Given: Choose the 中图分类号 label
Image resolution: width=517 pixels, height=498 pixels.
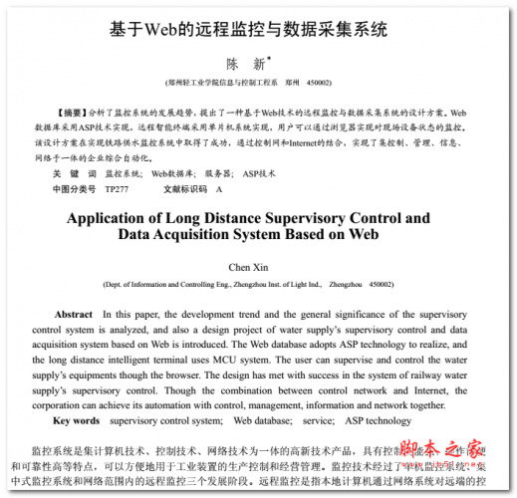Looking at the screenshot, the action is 75,188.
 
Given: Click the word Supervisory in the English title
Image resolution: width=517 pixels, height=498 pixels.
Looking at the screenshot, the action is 324,217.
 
